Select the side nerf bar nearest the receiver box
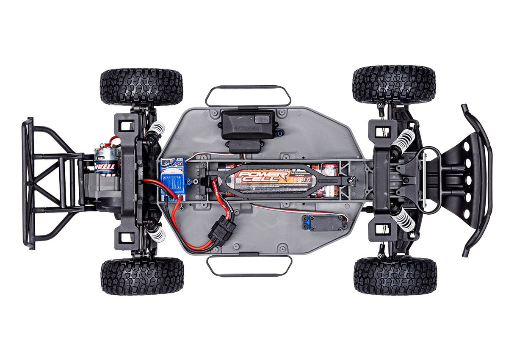248,96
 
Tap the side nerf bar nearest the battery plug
249,266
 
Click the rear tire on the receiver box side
141,86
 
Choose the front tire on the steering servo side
395,276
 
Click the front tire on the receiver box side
394,84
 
